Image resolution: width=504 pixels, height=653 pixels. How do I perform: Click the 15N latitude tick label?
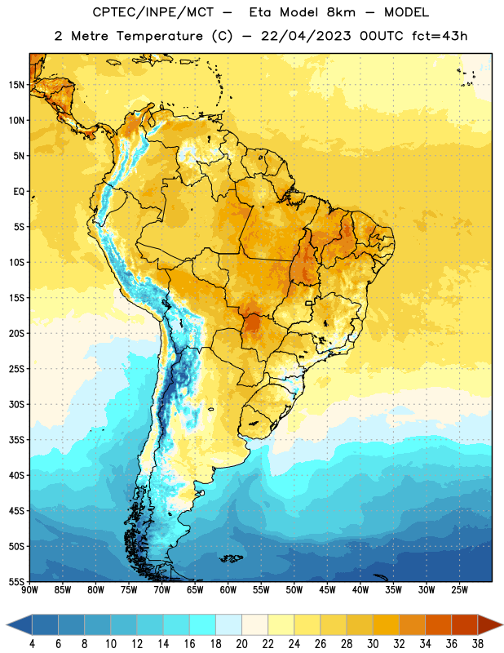(16, 85)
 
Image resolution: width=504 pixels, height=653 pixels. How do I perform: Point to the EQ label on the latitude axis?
(19, 192)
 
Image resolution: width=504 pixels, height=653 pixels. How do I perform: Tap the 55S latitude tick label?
(16, 581)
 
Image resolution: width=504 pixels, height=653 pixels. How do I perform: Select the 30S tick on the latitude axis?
(16, 404)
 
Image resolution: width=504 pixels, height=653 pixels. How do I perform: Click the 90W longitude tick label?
(30, 590)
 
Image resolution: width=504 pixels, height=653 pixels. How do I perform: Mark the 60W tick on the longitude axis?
(228, 590)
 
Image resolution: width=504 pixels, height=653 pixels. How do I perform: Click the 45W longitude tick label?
(327, 590)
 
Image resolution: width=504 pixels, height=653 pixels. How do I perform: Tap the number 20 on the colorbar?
(241, 644)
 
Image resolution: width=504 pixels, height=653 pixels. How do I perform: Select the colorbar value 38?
(478, 644)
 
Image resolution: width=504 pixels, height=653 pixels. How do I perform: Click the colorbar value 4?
(32, 644)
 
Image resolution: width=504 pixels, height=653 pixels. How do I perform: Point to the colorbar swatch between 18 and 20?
(228, 624)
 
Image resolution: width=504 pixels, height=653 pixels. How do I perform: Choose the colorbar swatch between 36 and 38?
(465, 624)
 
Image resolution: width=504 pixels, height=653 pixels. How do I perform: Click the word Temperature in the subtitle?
(159, 36)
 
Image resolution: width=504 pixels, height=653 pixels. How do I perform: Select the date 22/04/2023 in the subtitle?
(306, 36)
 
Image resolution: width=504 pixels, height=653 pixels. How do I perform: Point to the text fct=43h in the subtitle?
(440, 36)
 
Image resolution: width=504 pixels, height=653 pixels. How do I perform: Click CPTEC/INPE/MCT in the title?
(153, 12)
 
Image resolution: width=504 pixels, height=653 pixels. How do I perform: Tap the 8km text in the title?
(341, 12)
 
